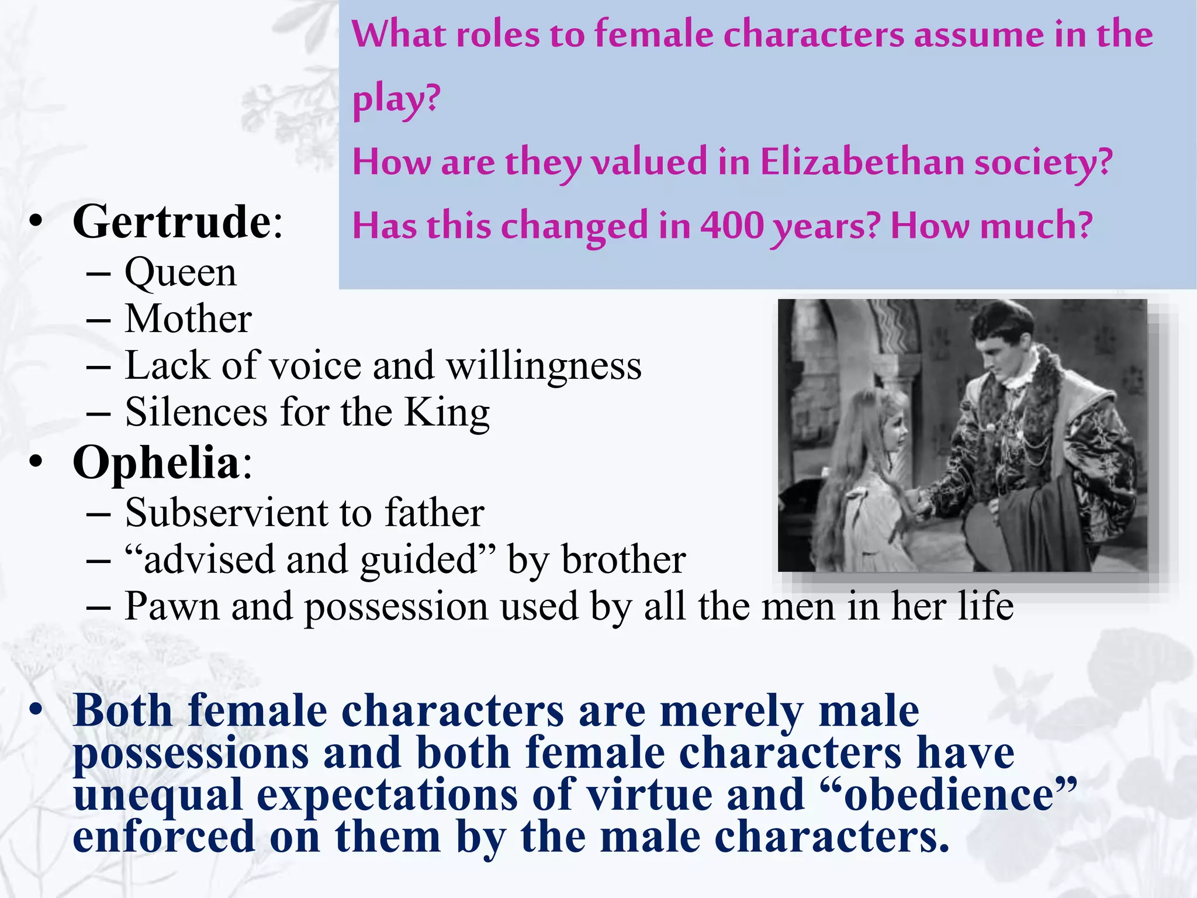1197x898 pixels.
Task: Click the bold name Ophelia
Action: [x=156, y=463]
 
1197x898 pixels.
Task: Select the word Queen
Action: [x=181, y=273]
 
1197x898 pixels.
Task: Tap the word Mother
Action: [x=188, y=319]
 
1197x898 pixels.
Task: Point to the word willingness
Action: [x=544, y=366]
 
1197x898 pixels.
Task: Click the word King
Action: [x=447, y=413]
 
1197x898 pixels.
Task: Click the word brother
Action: [x=623, y=559]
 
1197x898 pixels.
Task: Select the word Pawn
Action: [x=172, y=606]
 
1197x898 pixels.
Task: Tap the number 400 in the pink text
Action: [x=732, y=226]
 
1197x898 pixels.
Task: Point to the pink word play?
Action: [x=396, y=98]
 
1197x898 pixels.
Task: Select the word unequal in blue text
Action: [x=158, y=796]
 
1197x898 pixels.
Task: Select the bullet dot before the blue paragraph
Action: [x=36, y=709]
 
